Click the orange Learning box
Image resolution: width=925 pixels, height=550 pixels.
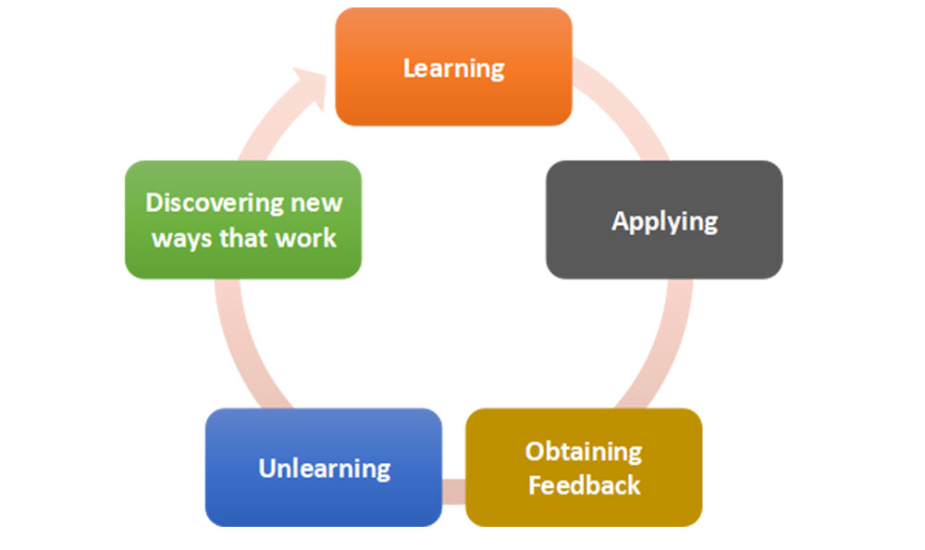pos(453,67)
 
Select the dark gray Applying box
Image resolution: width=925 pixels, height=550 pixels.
pos(664,219)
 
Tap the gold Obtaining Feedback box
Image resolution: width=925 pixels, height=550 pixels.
pos(584,468)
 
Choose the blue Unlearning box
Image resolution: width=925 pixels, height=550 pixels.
pos(324,468)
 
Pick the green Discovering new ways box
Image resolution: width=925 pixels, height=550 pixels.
pos(243,219)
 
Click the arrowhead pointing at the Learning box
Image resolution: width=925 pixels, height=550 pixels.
pos(312,86)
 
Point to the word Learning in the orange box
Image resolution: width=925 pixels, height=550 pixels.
pos(453,69)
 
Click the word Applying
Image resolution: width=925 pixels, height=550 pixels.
pos(665,222)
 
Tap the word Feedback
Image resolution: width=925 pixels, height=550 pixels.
pos(584,485)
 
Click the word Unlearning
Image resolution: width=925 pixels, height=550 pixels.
pos(325,469)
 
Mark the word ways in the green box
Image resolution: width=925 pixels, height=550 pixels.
pos(181,240)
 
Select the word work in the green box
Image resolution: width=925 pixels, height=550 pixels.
pos(306,238)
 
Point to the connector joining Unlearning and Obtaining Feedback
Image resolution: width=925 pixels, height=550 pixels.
pos(453,492)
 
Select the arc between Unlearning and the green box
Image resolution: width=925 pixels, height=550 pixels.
pos(242,347)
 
